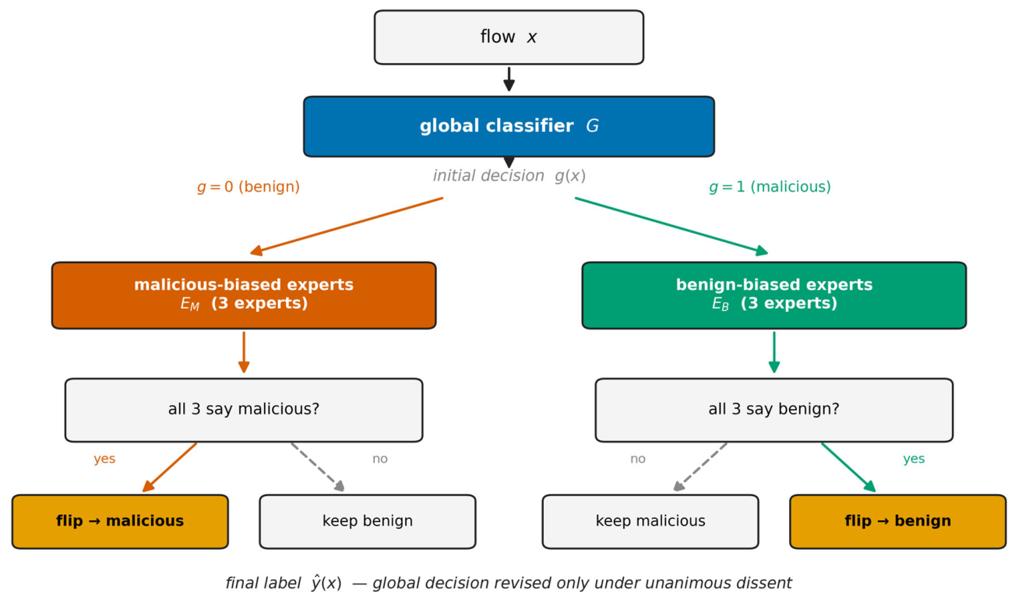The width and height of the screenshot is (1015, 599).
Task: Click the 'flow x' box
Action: tap(509, 37)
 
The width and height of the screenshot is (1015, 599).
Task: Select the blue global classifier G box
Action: tap(509, 126)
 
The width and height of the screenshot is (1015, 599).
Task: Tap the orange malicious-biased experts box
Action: tap(244, 295)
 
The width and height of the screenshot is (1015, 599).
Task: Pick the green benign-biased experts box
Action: tap(774, 295)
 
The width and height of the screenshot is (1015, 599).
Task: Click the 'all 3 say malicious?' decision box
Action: tap(244, 410)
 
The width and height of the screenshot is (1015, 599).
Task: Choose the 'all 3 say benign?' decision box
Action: tap(774, 410)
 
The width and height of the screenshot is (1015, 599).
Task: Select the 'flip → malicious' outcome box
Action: tap(120, 522)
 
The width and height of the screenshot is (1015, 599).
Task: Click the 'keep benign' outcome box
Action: tap(368, 522)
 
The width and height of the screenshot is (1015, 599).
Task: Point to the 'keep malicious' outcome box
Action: tap(650, 522)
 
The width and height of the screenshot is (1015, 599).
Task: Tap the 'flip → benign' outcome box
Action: tap(897, 522)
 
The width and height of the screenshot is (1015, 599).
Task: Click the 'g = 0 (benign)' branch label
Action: tap(248, 187)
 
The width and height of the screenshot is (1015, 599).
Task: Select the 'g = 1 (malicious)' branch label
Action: tap(770, 187)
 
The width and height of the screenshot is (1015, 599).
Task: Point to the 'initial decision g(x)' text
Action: tap(509, 175)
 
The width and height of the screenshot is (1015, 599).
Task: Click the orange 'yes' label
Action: tap(104, 459)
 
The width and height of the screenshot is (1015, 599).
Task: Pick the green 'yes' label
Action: tap(914, 459)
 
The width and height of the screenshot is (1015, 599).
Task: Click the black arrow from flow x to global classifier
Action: tap(509, 79)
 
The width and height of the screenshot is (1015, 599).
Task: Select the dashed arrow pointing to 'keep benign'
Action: tap(318, 467)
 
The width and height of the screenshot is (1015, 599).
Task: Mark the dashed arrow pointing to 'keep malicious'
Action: tap(700, 467)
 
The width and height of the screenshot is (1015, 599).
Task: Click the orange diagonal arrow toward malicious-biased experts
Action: tap(346, 226)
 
